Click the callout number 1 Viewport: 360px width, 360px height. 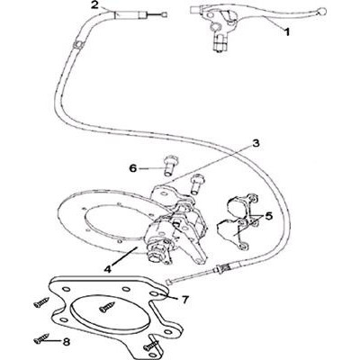[287, 31]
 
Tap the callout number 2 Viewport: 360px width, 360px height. [94, 5]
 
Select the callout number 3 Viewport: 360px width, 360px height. [256, 143]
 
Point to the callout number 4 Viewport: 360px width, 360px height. [107, 269]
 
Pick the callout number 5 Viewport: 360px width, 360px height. [268, 216]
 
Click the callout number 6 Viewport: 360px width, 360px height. [132, 168]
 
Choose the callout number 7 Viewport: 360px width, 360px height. [185, 299]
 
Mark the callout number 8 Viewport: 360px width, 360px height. [66, 342]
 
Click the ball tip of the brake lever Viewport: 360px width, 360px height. [322, 11]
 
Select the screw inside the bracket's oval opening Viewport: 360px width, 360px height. [107, 307]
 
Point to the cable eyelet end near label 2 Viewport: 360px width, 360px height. [164, 14]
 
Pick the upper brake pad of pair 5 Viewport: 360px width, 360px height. [242, 207]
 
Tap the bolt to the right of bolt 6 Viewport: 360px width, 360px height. [195, 184]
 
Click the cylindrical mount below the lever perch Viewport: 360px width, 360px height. [219, 43]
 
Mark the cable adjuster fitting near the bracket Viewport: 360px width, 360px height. [222, 268]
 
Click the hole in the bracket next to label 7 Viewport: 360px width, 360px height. [154, 293]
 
